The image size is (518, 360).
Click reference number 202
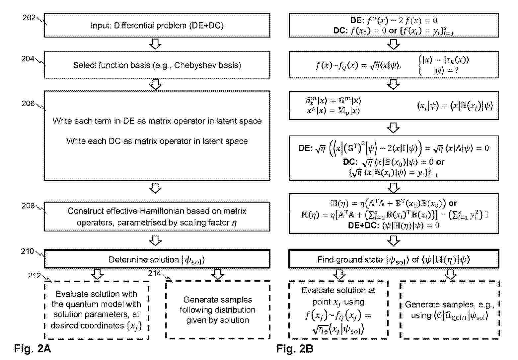pyautogui.click(x=29, y=18)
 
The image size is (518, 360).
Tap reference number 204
pyautogui.click(x=28, y=59)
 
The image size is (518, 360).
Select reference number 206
pyautogui.click(x=28, y=103)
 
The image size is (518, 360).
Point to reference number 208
pyautogui.click(x=28, y=206)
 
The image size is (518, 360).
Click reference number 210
pyautogui.click(x=27, y=251)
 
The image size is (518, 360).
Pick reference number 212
pyautogui.click(x=35, y=276)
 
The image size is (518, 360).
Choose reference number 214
pyautogui.click(x=155, y=273)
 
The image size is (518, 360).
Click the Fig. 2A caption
pyautogui.click(x=33, y=348)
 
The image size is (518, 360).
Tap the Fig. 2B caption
pyautogui.click(x=295, y=348)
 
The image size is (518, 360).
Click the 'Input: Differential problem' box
pyautogui.click(x=157, y=25)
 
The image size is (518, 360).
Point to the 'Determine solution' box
pyautogui.click(x=157, y=259)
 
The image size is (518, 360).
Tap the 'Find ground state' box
pyautogui.click(x=394, y=259)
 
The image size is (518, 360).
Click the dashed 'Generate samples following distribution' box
pyautogui.click(x=218, y=310)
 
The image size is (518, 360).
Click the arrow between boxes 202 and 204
pyautogui.click(x=155, y=44)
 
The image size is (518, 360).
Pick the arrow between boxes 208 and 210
pyautogui.click(x=155, y=241)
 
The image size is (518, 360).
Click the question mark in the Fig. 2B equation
pyautogui.click(x=456, y=70)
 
